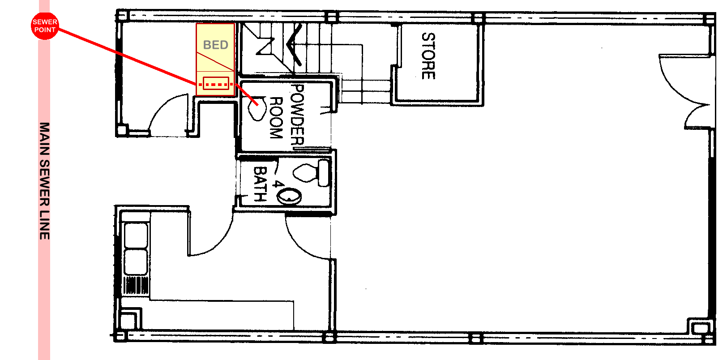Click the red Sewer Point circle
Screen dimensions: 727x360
(x=45, y=26)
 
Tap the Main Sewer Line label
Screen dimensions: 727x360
(x=44, y=181)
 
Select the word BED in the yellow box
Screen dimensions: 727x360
(x=215, y=45)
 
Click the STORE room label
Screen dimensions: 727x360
(x=428, y=56)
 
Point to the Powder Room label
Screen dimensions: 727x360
(x=287, y=114)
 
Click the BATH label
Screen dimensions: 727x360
(x=260, y=184)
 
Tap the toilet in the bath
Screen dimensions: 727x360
(x=311, y=173)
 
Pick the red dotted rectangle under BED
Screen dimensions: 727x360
(x=216, y=83)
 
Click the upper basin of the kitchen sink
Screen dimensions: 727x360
(x=136, y=235)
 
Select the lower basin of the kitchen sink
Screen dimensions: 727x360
(x=136, y=261)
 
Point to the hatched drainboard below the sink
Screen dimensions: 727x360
(x=136, y=285)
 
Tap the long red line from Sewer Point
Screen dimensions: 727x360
(x=128, y=57)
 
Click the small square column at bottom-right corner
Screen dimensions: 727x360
(x=701, y=329)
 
